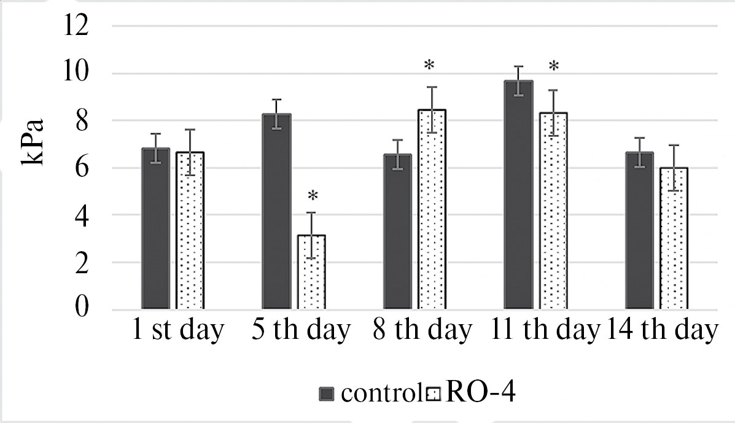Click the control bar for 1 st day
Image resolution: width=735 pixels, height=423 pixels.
pyautogui.click(x=155, y=228)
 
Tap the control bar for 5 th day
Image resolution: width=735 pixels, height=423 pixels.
pyautogui.click(x=276, y=211)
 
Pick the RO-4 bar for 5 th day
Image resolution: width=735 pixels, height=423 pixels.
pyautogui.click(x=311, y=271)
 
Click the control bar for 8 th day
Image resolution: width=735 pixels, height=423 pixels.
pyautogui.click(x=397, y=231)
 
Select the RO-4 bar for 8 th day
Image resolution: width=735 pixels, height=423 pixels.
pyautogui.click(x=432, y=209)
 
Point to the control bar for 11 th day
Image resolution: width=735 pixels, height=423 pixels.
pyautogui.click(x=518, y=195)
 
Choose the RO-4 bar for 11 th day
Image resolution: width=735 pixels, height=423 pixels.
pyautogui.click(x=553, y=210)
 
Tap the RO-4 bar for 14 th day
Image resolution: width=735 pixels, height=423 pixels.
pyautogui.click(x=674, y=238)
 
